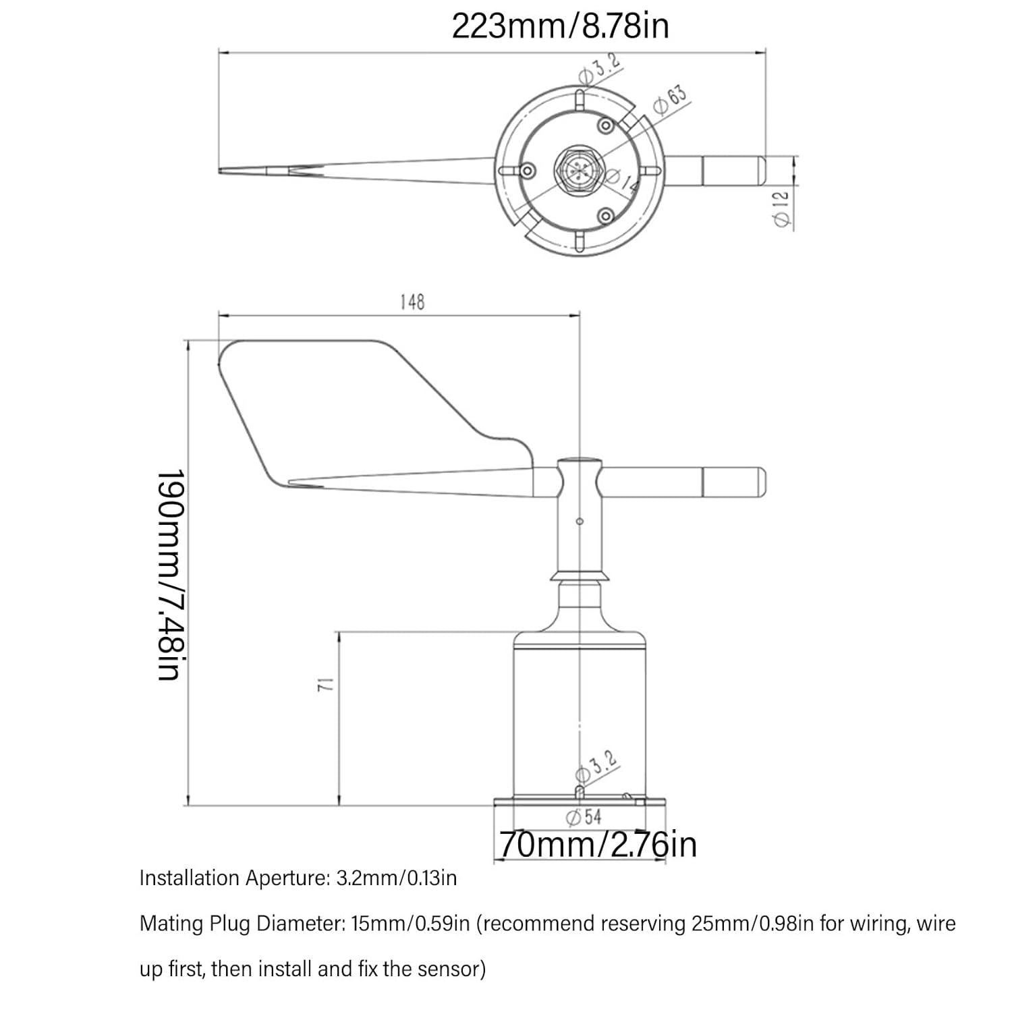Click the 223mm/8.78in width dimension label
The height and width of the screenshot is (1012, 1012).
[x=560, y=27]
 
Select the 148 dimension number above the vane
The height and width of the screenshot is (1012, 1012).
[x=412, y=302]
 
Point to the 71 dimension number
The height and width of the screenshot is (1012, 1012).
[x=326, y=684]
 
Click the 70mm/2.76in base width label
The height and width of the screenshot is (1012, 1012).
[x=598, y=845]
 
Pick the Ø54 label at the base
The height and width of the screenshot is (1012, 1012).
[x=584, y=817]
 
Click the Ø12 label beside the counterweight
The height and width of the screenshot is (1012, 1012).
[x=781, y=209]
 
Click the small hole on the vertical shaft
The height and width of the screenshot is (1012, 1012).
[x=580, y=521]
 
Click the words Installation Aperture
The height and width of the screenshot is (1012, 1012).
[x=232, y=878]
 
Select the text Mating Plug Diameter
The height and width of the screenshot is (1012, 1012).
[x=242, y=924]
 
